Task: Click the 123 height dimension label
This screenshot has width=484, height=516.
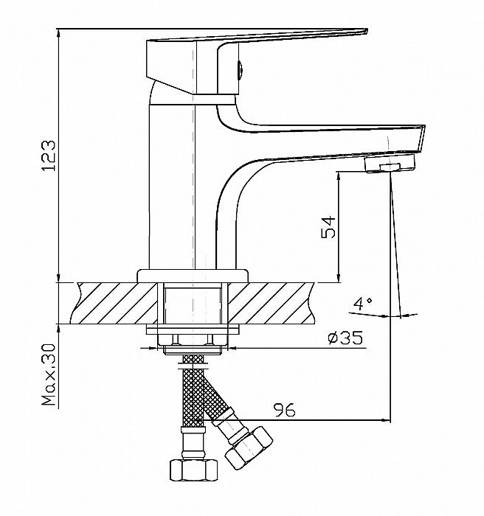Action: click(49, 156)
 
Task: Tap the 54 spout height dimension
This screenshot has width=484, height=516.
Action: click(328, 227)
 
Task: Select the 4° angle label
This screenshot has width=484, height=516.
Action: click(362, 304)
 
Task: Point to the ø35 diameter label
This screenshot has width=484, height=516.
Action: click(345, 338)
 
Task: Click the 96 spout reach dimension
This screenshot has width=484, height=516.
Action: click(285, 410)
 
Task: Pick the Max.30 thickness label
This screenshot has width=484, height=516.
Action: click(49, 374)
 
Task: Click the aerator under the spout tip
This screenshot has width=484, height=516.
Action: click(390, 163)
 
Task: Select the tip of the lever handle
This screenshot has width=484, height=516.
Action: click(367, 31)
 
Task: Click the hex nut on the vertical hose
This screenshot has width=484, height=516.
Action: click(194, 470)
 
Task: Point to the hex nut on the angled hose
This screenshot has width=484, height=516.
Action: click(249, 448)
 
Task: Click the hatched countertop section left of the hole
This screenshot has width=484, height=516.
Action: click(114, 303)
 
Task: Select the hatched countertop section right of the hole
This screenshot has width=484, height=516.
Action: click(271, 303)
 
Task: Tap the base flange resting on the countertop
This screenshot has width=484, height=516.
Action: click(193, 276)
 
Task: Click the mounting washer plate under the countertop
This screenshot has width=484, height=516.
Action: click(193, 330)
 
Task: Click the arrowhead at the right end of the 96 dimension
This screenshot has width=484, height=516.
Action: click(385, 420)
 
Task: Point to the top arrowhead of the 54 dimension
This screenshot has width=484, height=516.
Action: click(339, 176)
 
